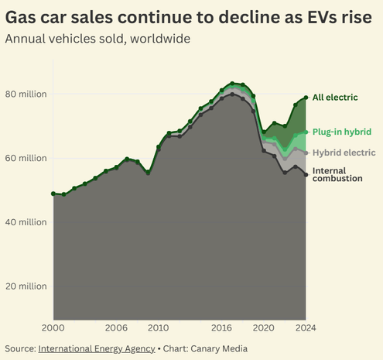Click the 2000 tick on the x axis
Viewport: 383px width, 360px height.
point(53,327)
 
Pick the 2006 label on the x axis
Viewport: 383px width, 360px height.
point(116,327)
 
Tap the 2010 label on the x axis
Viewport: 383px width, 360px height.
point(159,327)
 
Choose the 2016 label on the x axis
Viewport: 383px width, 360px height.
point(222,327)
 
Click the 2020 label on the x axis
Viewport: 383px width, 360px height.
point(264,327)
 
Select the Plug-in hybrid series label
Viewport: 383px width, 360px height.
point(343,132)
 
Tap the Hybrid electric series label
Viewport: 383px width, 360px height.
point(344,153)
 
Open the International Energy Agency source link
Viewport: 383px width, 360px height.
point(92,348)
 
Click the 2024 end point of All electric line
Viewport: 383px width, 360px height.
point(306,98)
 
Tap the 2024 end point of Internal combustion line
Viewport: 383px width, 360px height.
point(306,175)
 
